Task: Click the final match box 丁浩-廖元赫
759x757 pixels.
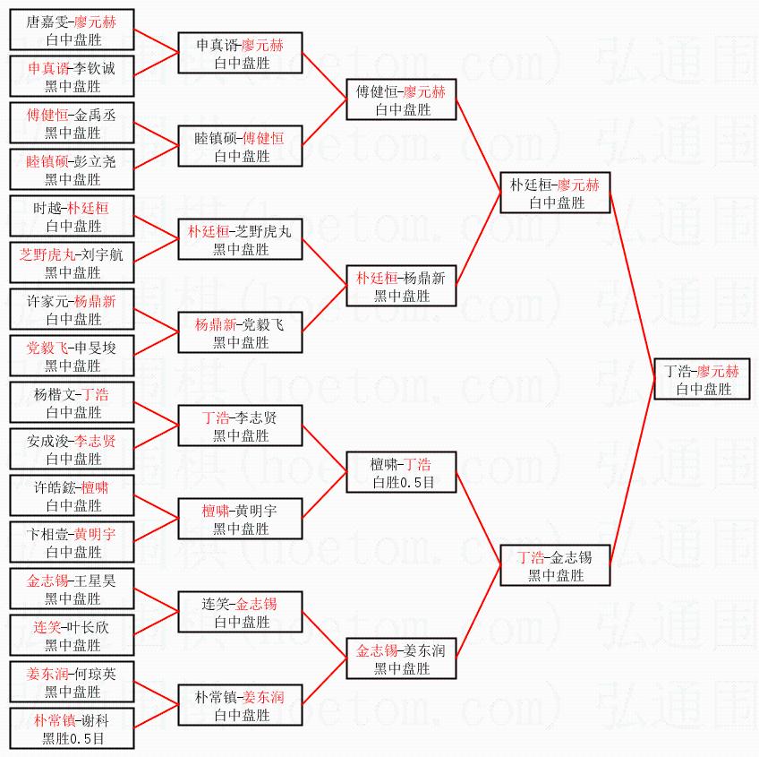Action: pos(703,379)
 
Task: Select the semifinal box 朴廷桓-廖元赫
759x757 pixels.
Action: pos(555,193)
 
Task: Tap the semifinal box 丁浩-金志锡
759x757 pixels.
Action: pos(555,565)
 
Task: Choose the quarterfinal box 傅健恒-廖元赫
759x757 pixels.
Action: pos(402,99)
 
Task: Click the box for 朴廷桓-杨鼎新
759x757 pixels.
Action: pos(402,286)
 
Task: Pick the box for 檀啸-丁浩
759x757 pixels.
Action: pos(402,472)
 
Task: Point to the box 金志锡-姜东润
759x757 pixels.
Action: pos(402,658)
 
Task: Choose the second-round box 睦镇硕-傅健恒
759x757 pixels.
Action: pos(240,146)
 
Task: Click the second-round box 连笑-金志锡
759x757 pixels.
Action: pos(240,612)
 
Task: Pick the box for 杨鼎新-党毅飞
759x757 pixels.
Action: pos(240,332)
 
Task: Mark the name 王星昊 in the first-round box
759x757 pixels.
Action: pos(96,581)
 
